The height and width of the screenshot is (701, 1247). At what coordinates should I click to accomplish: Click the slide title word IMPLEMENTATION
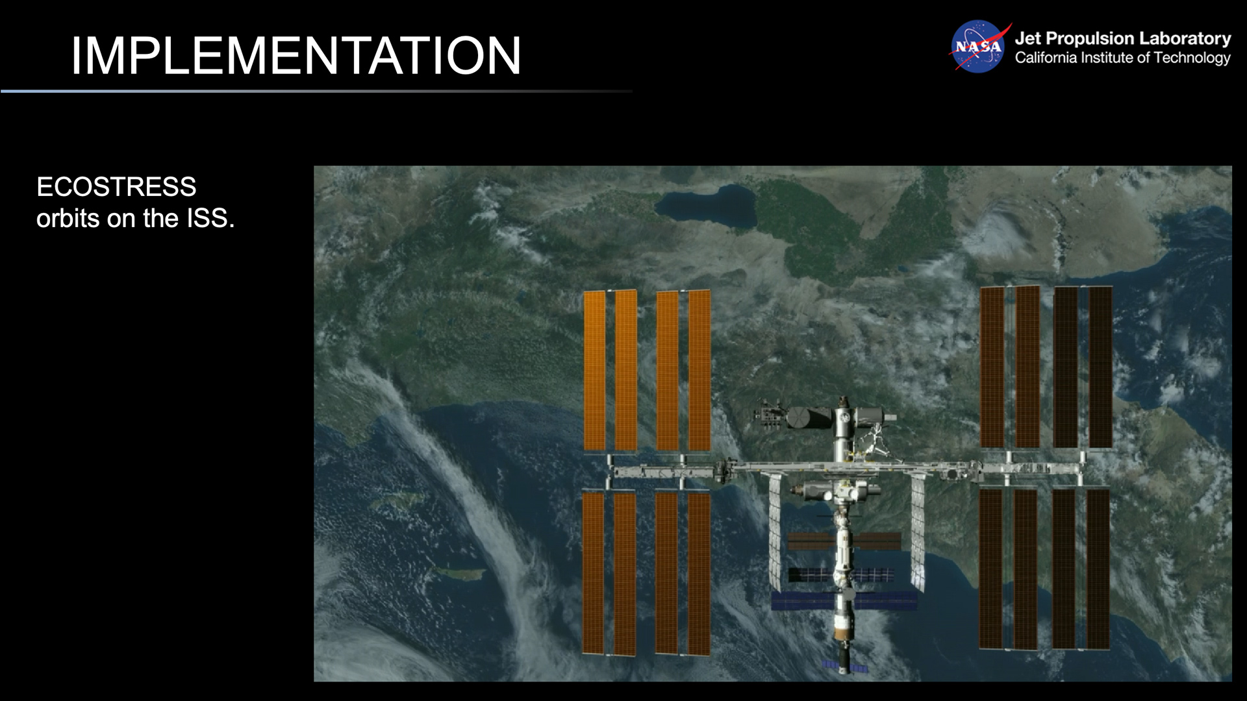coord(296,56)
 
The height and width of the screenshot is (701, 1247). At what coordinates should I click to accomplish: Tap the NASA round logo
coord(978,47)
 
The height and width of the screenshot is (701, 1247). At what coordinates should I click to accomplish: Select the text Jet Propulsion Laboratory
coord(1122,39)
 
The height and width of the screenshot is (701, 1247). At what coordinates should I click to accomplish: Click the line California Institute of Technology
coord(1122,58)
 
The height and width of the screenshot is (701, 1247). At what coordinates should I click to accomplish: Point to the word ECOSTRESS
coord(116,187)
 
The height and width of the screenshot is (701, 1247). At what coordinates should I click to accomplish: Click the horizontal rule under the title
coord(316,92)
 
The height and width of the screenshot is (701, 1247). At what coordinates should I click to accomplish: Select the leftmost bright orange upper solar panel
coord(594,370)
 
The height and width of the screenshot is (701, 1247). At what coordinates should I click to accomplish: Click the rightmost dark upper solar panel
coord(1100,367)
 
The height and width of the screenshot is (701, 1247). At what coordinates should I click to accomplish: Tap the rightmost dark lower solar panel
coord(1098,569)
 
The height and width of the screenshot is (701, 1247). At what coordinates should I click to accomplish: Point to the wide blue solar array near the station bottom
coord(844,600)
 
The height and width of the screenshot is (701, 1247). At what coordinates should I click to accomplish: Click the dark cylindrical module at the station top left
coord(808,418)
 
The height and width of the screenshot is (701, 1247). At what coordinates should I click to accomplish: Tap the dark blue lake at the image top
coord(705,204)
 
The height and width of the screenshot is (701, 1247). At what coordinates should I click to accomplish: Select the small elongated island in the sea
coord(460,573)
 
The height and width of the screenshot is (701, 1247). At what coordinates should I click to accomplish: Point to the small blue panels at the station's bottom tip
coord(844,666)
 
